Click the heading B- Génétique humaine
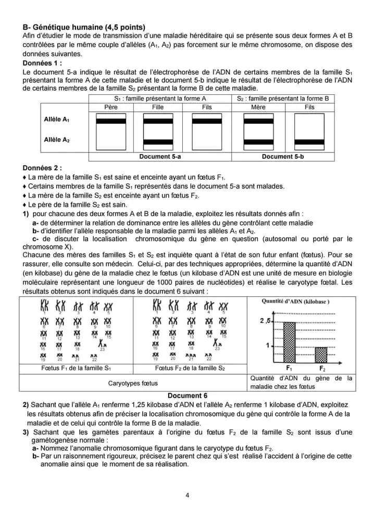click(x=84, y=27)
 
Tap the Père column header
click(x=111, y=107)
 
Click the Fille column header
click(x=158, y=107)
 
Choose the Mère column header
click(x=258, y=107)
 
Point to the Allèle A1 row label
click(x=57, y=119)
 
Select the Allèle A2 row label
click(x=57, y=140)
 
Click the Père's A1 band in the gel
click(x=111, y=121)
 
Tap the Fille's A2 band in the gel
click(x=158, y=142)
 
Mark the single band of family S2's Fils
click(x=309, y=142)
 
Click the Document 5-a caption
click(x=160, y=156)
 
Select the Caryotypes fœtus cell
click(x=133, y=383)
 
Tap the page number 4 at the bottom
click(x=187, y=495)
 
